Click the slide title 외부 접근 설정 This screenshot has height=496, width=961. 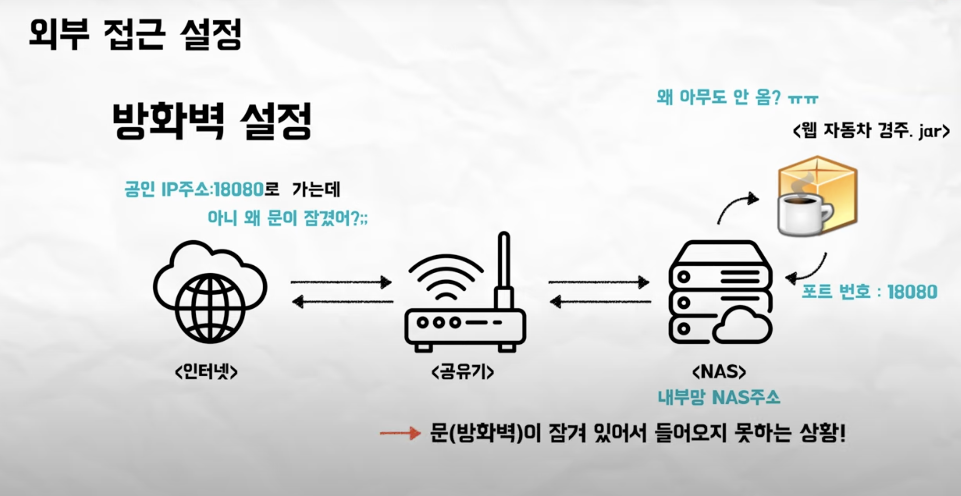coord(135,34)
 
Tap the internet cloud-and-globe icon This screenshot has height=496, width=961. coord(210,292)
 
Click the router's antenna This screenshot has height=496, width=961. coord(504,268)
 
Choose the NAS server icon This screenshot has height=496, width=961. coord(720,292)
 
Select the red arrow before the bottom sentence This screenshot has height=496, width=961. coord(400,433)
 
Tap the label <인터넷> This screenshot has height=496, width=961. coord(206,372)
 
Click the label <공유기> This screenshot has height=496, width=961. coord(462,372)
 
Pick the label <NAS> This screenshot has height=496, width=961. coord(719,372)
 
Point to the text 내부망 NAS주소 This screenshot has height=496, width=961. coord(718,397)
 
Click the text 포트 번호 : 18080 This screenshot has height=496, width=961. coord(869,292)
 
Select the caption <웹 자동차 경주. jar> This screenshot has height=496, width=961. coord(871,131)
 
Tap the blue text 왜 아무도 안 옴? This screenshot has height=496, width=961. coord(718,98)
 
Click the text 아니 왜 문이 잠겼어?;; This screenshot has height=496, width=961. coord(287,218)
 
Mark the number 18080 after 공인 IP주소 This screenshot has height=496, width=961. coord(239,189)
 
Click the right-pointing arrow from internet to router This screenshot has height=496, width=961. coord(341,282)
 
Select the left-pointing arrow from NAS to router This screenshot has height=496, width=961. coord(601,301)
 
